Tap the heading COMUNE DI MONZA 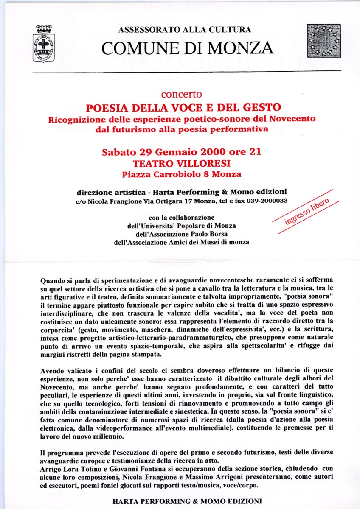(187, 48)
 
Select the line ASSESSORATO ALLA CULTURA (184, 30)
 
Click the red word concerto (181, 94)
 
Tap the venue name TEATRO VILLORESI (181, 163)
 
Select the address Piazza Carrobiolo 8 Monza (181, 174)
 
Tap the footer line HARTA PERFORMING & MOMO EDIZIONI (187, 501)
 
